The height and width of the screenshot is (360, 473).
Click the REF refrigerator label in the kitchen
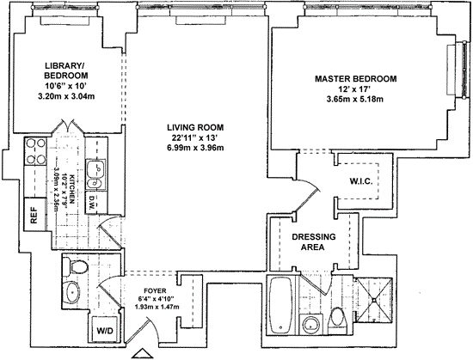tap(34, 215)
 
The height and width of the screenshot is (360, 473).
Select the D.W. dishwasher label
tap(93, 203)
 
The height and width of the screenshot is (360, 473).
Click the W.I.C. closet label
tap(361, 181)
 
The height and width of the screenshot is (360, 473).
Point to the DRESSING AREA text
tap(313, 242)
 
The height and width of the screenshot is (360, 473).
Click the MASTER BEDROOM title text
tap(356, 79)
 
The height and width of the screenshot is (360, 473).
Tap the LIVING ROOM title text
tap(195, 127)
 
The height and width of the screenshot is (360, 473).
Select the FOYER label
tap(155, 290)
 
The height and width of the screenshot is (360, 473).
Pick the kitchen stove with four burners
tap(35, 150)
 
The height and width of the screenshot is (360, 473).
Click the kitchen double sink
tap(96, 174)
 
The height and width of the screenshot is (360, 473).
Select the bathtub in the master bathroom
tap(281, 305)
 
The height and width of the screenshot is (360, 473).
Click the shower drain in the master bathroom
tap(374, 300)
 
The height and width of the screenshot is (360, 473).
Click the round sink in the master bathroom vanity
tap(312, 325)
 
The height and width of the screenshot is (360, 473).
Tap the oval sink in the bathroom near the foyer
tap(73, 292)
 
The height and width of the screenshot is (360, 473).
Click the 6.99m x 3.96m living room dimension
tap(195, 148)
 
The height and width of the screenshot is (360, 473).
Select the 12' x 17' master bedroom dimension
tap(353, 89)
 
